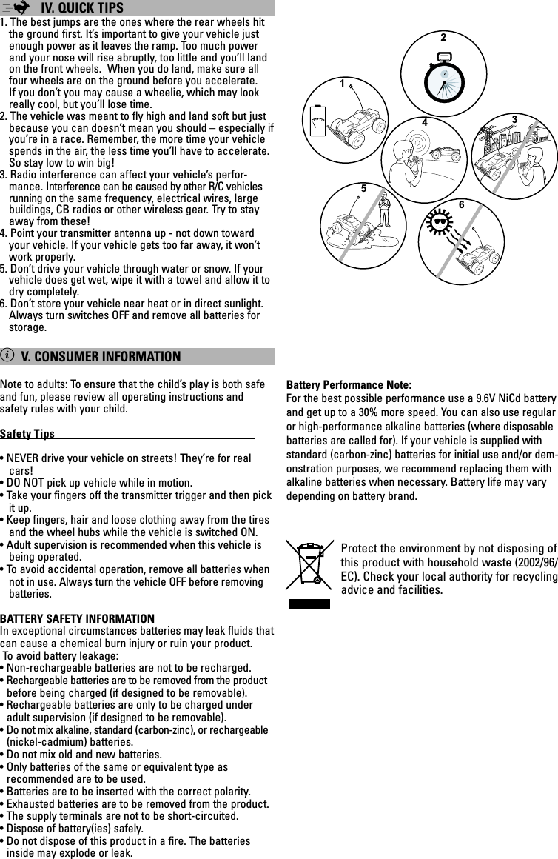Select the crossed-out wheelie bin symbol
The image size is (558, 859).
coord(310,569)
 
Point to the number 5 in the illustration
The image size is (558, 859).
coord(363,189)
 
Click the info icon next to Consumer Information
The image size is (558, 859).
coord(7,356)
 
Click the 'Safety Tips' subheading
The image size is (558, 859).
coord(27,433)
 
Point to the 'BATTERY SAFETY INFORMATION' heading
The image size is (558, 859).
coord(78,618)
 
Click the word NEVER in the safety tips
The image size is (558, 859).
coord(23,458)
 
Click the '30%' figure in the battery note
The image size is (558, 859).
coord(368,412)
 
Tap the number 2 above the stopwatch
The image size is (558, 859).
coord(443,36)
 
